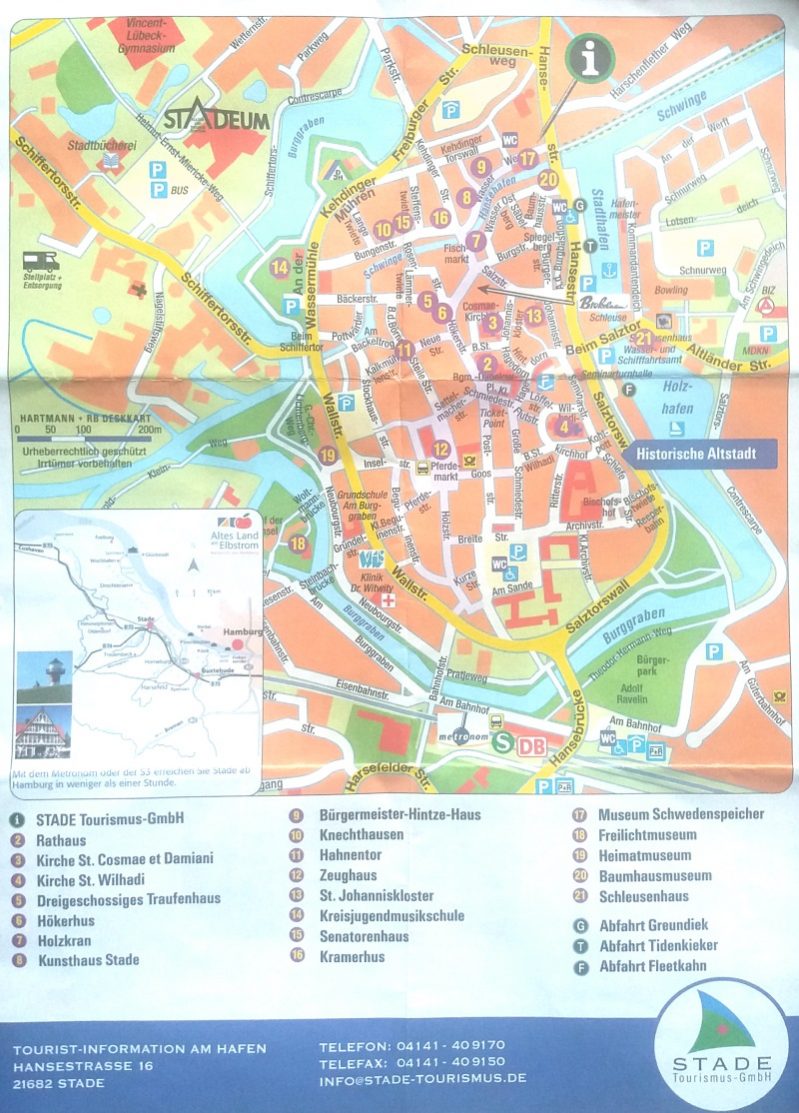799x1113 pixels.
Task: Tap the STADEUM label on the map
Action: pyautogui.click(x=217, y=120)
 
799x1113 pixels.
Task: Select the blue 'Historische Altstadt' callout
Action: pyautogui.click(x=691, y=453)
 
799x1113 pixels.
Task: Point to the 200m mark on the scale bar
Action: pyautogui.click(x=150, y=430)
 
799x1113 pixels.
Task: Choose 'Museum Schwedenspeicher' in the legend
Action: pyautogui.click(x=680, y=814)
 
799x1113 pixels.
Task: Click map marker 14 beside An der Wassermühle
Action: pyautogui.click(x=280, y=267)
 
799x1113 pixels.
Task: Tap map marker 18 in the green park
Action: pyautogui.click(x=297, y=544)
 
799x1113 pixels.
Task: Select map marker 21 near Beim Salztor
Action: pyautogui.click(x=643, y=338)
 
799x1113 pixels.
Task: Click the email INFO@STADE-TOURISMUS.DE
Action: pyautogui.click(x=422, y=1078)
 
